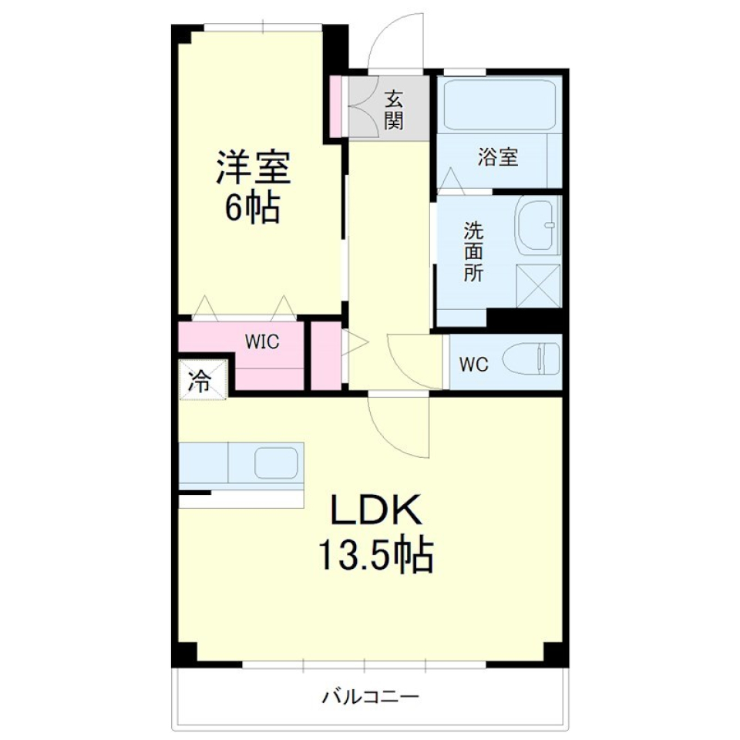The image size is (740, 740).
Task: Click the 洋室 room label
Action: (253, 168)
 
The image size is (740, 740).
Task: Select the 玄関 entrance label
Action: (394, 109)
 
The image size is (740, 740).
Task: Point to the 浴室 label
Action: (497, 158)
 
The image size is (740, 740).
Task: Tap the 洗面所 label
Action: (473, 251)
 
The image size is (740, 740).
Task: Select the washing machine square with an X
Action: (537, 286)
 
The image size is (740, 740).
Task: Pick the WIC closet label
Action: (262, 341)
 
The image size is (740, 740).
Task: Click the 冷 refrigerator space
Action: (201, 381)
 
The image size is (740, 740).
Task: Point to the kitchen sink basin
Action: (276, 464)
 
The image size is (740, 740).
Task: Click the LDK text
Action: (375, 510)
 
